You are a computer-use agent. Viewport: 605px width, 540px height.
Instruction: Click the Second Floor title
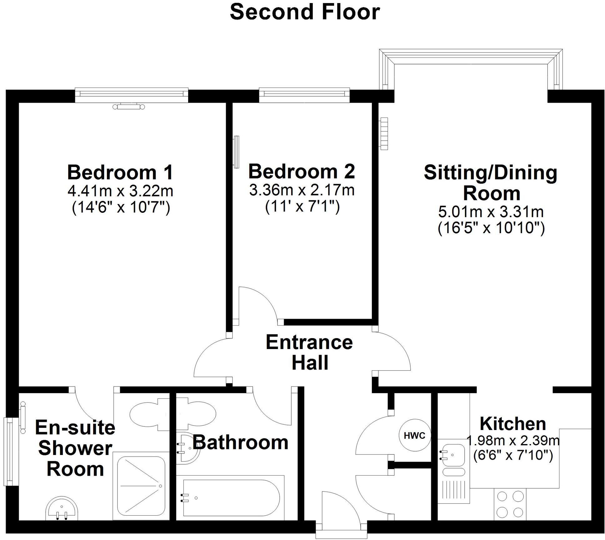click(305, 12)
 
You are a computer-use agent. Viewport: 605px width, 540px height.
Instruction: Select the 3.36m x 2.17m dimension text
click(302, 190)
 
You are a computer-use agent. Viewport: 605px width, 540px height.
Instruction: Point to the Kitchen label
click(512, 424)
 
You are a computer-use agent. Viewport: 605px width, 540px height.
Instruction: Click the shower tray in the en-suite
click(141, 486)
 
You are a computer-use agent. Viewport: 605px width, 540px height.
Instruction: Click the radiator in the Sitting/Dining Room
click(384, 133)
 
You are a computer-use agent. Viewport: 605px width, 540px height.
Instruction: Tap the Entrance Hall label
click(309, 352)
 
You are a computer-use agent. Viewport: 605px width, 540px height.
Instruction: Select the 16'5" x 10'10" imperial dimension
click(491, 228)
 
